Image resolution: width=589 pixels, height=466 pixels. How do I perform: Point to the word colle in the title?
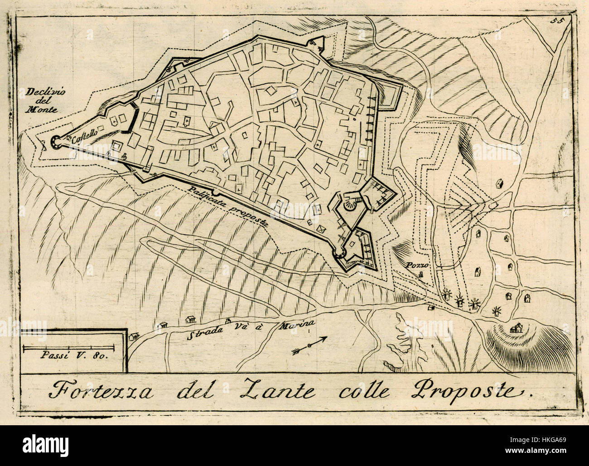click(x=364, y=390)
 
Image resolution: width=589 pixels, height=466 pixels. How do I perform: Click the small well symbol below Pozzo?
click(x=420, y=274)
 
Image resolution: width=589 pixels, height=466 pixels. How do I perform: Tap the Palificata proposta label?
click(x=229, y=206)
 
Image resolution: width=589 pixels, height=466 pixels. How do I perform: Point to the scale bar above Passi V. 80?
click(x=70, y=348)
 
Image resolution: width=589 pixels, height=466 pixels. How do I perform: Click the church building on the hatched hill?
click(x=515, y=328)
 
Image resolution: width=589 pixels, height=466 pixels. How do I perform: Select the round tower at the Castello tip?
click(x=56, y=142)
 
